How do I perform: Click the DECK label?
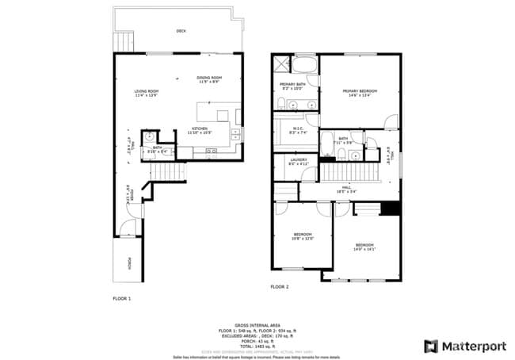coord(181,31)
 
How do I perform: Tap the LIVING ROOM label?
coord(147,93)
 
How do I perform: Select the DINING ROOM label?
coord(209,79)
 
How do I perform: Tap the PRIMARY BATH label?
coord(293,86)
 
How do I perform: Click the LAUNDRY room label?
coord(298,162)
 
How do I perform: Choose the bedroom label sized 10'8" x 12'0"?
coord(304,237)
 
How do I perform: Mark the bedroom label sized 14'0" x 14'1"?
coord(364,247)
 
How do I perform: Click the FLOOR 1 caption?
coord(121,298)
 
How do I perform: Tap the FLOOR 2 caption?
coord(280,286)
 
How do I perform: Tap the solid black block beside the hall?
coord(388,209)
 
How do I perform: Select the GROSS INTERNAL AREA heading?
coord(257,325)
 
